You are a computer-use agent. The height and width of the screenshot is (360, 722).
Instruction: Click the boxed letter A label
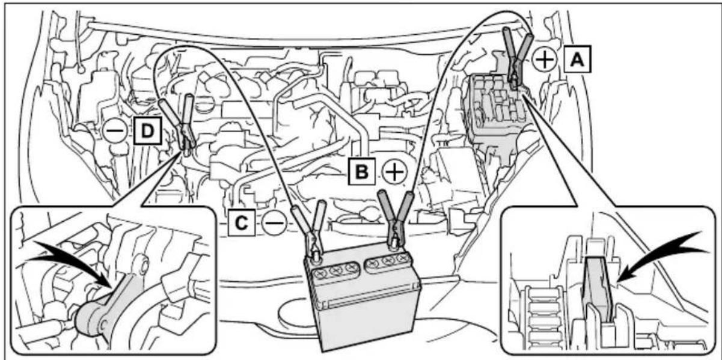577,59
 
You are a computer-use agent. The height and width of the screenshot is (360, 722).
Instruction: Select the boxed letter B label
362,171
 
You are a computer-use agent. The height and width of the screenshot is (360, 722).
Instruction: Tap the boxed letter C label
242,222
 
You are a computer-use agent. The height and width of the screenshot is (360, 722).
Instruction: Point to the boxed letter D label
147,130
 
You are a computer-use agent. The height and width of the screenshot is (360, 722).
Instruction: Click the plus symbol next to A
545,60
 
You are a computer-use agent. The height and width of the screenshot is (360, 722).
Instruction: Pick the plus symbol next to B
395,172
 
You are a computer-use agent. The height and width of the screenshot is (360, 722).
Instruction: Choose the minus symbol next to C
274,223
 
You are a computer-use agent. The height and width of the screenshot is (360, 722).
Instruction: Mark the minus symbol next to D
115,131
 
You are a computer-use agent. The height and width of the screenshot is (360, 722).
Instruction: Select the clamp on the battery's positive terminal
396,219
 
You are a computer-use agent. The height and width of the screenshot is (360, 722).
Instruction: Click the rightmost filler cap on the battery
402,257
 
